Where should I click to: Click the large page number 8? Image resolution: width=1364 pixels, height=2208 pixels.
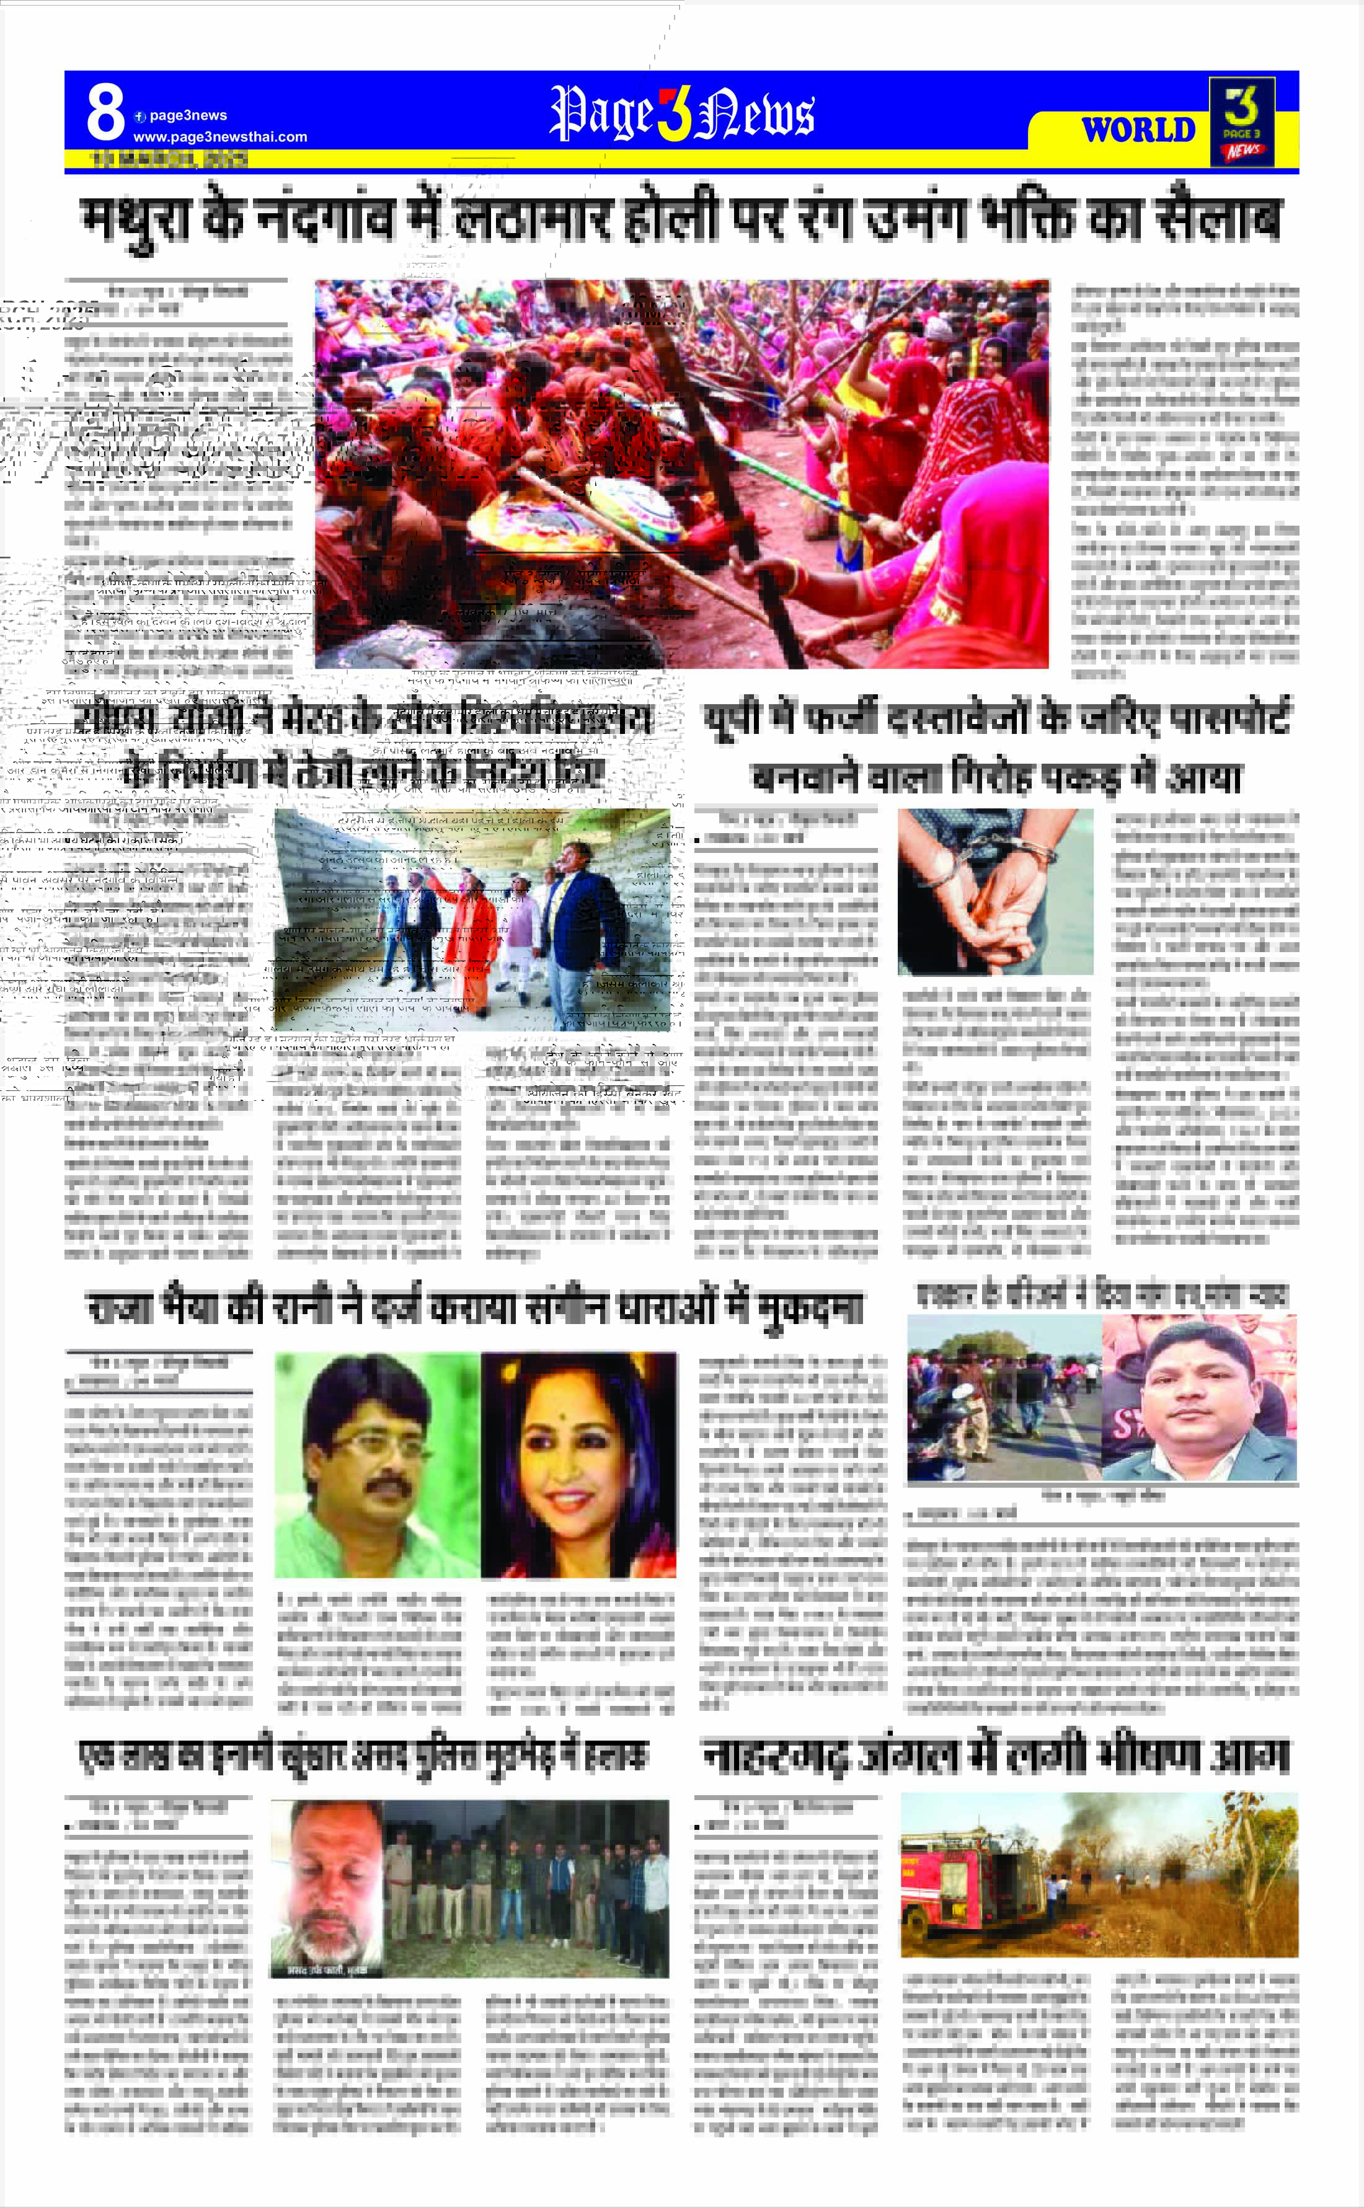pyautogui.click(x=105, y=113)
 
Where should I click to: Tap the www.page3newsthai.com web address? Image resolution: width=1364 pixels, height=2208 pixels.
pyautogui.click(x=220, y=137)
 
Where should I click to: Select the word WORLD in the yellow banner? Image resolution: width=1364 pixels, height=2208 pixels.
pyautogui.click(x=1138, y=130)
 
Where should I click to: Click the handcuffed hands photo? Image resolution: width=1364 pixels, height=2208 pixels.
pyautogui.click(x=995, y=891)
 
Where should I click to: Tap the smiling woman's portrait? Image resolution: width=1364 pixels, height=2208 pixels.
pyautogui.click(x=578, y=1464)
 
